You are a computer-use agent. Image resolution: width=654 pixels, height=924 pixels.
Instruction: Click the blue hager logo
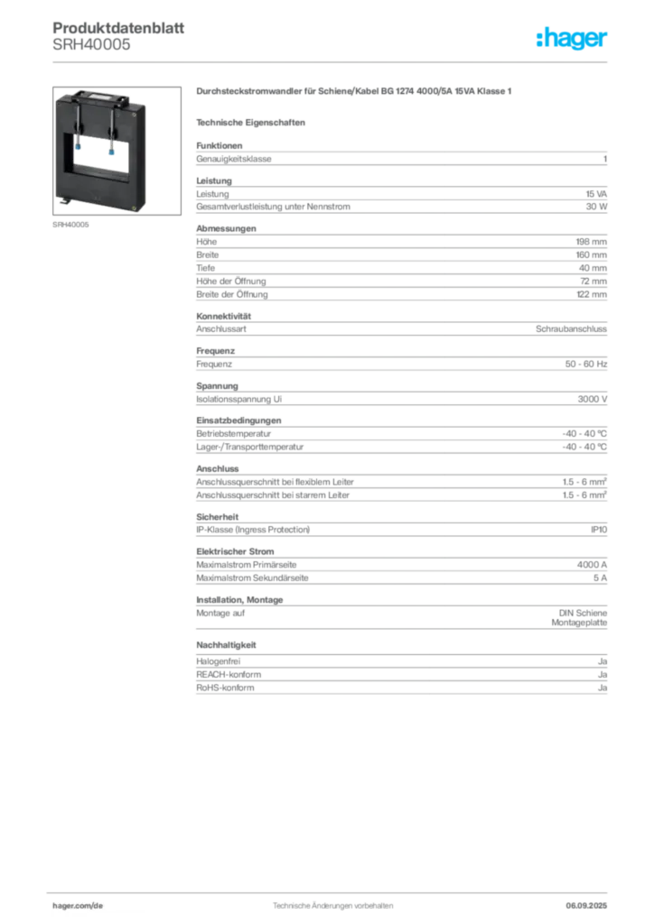[572, 38]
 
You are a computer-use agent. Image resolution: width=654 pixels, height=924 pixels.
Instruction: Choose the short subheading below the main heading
[253, 121]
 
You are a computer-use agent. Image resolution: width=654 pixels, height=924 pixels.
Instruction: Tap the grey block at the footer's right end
[593, 899]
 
